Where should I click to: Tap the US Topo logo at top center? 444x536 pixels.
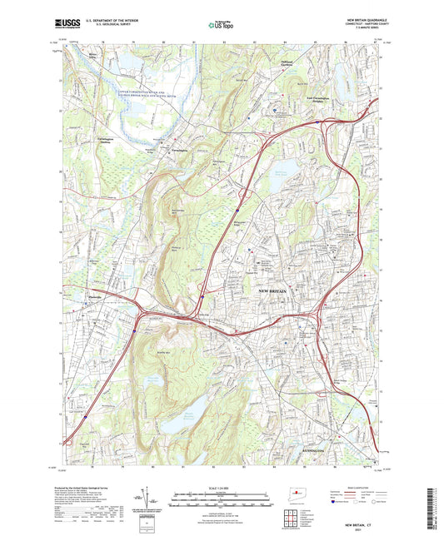point(219,26)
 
